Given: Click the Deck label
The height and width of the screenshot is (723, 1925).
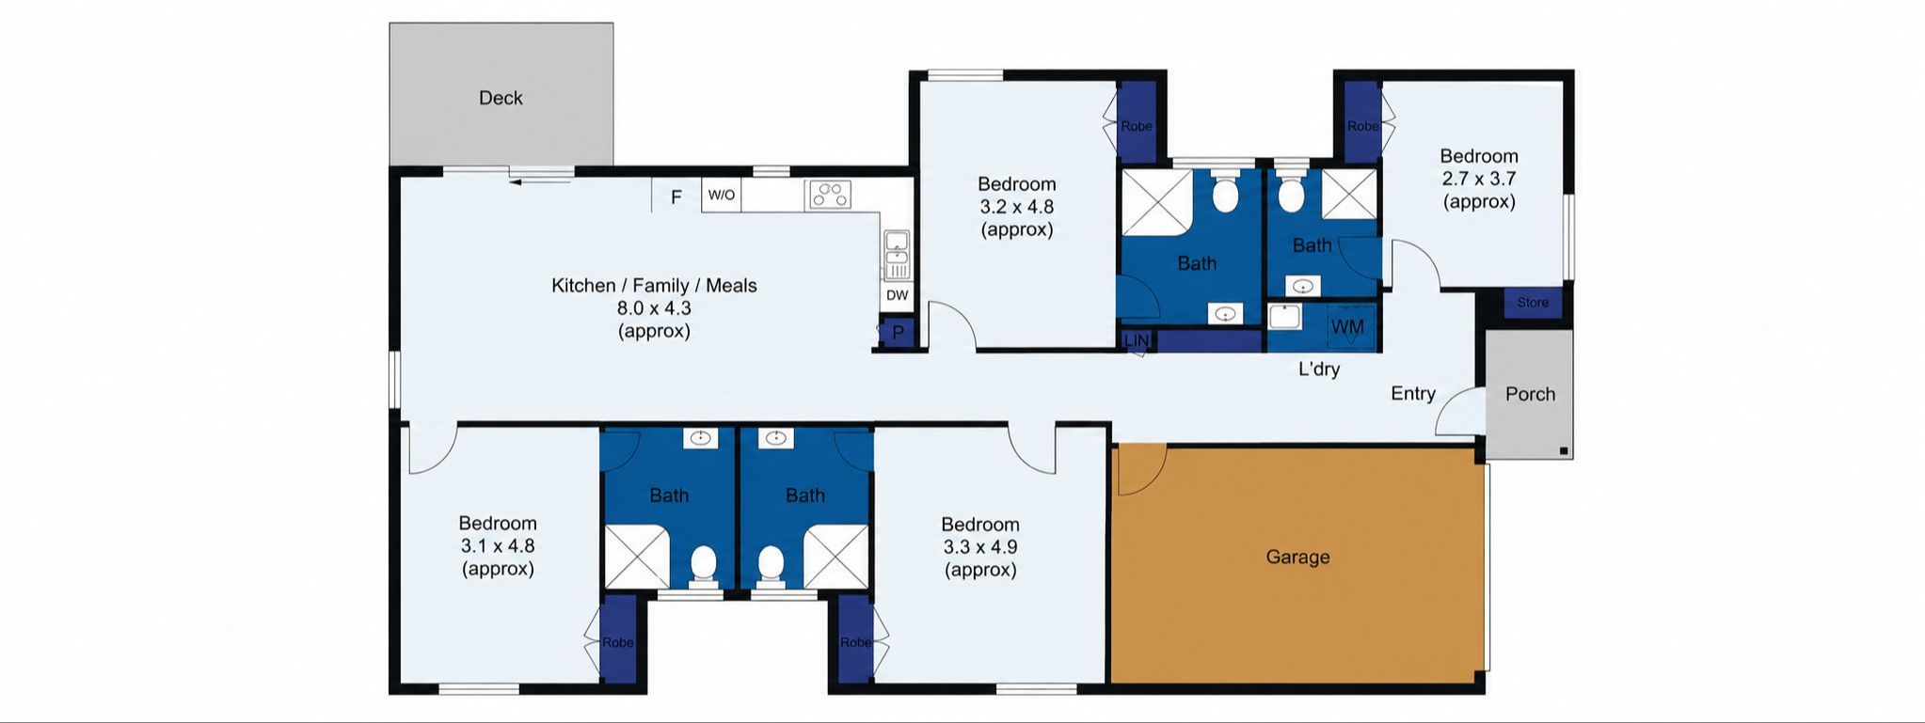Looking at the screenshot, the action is (x=501, y=98).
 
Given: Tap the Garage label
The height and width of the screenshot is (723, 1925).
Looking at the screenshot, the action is (x=1297, y=557).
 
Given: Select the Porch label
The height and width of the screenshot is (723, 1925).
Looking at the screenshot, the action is (x=1530, y=394).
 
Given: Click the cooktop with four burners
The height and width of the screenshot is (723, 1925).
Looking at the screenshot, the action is (x=829, y=195).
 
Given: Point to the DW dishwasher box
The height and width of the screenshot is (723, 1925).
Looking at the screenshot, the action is (x=898, y=295).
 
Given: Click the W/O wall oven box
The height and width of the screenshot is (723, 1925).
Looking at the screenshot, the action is (x=722, y=196).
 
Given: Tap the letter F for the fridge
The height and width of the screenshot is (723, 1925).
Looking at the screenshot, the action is (x=676, y=197).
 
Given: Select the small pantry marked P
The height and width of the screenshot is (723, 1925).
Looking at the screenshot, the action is (x=897, y=333).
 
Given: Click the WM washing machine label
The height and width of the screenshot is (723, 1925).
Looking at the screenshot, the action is (x=1347, y=327).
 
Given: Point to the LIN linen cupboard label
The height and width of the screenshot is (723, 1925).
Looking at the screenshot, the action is (x=1137, y=340).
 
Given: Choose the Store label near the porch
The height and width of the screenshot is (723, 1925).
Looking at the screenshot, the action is (x=1532, y=303).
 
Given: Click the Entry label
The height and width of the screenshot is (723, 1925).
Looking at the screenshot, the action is (x=1413, y=394).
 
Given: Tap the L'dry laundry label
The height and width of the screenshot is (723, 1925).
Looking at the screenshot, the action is (x=1319, y=369).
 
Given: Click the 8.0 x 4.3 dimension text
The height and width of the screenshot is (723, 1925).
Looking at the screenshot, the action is (x=654, y=308).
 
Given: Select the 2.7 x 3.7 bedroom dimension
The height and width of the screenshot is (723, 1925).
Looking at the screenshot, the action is (x=1479, y=179).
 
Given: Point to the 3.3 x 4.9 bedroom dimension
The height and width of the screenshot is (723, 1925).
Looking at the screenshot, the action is (x=980, y=547).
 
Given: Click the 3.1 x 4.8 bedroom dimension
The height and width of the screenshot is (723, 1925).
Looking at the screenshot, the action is (x=498, y=546).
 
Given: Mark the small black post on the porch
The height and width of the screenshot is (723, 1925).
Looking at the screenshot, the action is (x=1564, y=451).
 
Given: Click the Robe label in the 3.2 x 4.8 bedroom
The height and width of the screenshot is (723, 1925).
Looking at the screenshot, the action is (x=1137, y=126).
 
